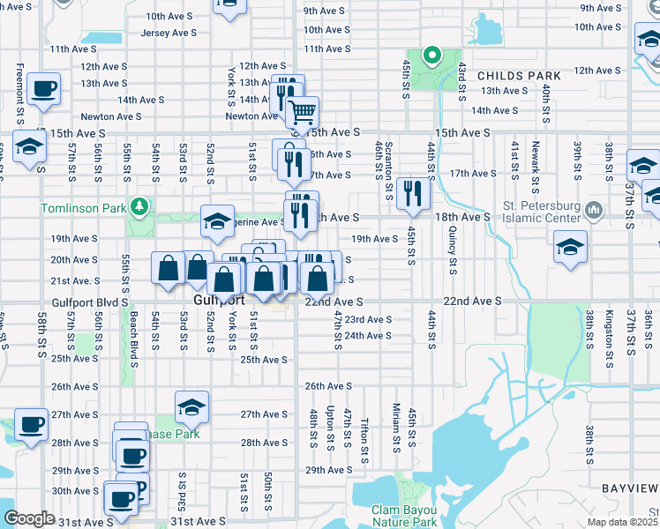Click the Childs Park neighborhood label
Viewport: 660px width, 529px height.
(x=520, y=76)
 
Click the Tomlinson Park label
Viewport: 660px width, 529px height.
(x=82, y=208)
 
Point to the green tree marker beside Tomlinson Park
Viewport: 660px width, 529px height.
(x=138, y=206)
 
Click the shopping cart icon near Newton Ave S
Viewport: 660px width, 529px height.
(x=302, y=112)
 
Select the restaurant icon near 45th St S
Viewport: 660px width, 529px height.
(x=412, y=193)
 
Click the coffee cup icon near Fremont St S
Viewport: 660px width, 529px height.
(x=43, y=88)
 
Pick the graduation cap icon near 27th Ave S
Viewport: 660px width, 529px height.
(x=191, y=407)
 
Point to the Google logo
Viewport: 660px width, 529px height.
(x=29, y=518)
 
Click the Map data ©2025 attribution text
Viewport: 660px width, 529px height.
(x=623, y=522)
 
